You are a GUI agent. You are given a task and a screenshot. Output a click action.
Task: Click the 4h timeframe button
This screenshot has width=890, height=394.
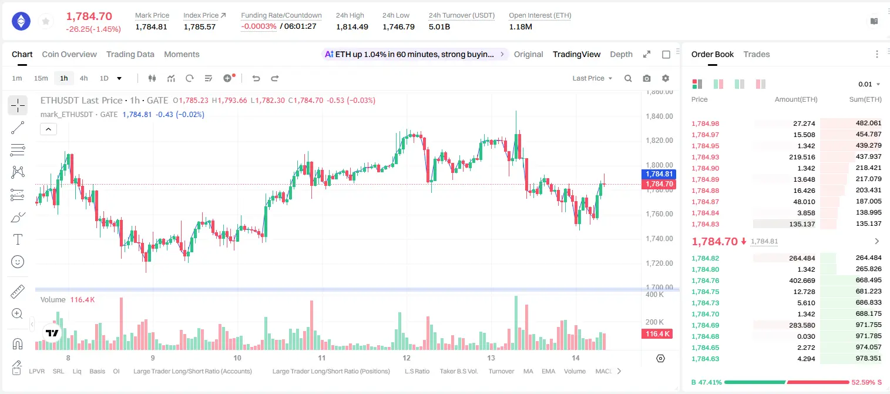(83, 78)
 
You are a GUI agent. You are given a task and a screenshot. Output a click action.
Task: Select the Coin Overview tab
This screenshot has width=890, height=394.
(69, 54)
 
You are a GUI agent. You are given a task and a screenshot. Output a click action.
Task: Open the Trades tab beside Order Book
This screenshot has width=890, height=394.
(757, 54)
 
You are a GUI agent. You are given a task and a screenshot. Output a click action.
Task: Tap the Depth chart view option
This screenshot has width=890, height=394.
(621, 54)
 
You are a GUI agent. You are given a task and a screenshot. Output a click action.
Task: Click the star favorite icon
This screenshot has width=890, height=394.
(46, 21)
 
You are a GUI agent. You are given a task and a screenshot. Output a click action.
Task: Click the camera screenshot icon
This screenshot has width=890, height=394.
(647, 78)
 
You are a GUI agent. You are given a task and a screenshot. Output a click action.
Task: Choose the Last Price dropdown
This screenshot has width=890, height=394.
(592, 78)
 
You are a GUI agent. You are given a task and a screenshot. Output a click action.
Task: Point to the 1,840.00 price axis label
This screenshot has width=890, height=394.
(659, 116)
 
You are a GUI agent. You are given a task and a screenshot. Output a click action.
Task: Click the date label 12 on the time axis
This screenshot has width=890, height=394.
(407, 358)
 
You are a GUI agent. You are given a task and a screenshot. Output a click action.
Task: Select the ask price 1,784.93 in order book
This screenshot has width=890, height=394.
(706, 157)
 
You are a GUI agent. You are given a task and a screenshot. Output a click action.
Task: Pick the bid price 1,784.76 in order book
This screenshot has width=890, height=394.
(706, 281)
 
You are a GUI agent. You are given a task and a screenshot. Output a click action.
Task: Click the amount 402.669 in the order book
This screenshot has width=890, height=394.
(802, 281)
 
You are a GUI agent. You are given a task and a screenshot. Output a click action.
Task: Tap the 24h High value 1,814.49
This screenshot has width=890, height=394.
(352, 26)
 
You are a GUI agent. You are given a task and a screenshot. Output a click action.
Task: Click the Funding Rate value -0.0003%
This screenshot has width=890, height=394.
(258, 26)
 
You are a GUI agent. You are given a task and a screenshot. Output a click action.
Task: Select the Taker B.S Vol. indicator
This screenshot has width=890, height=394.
(458, 371)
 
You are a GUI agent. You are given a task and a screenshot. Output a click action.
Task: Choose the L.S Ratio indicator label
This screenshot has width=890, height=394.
(417, 371)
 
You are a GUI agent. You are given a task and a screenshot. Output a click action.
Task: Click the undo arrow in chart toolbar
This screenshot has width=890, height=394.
(256, 78)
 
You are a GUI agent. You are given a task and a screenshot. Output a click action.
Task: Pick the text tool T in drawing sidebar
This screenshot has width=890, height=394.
(18, 239)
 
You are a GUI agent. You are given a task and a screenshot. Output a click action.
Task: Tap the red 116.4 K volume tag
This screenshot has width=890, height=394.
(657, 333)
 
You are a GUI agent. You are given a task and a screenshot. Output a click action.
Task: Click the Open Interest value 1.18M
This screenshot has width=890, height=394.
(520, 26)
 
